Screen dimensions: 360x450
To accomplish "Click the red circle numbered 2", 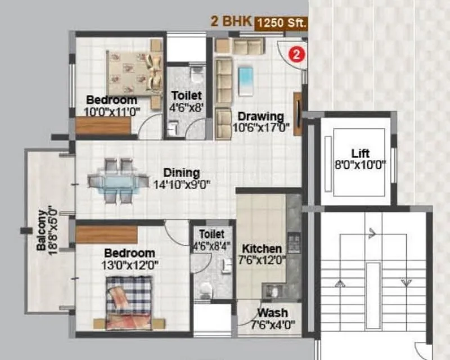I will click(296, 55).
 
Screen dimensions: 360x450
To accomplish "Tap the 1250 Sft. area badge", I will click(281, 24).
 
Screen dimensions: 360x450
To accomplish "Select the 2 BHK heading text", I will click(231, 22).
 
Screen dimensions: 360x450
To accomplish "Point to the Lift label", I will click(361, 153).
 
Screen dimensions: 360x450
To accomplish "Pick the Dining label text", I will click(182, 173).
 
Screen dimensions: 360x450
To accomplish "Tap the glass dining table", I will click(112, 182).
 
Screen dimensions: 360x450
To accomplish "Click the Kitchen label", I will click(262, 248).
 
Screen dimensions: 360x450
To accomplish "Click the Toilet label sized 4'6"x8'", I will click(186, 96).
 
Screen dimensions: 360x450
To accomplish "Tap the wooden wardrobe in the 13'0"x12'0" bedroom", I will click(107, 235).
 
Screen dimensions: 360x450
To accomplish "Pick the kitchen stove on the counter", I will click(294, 243).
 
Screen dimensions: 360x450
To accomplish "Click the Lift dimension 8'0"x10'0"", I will click(361, 165).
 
